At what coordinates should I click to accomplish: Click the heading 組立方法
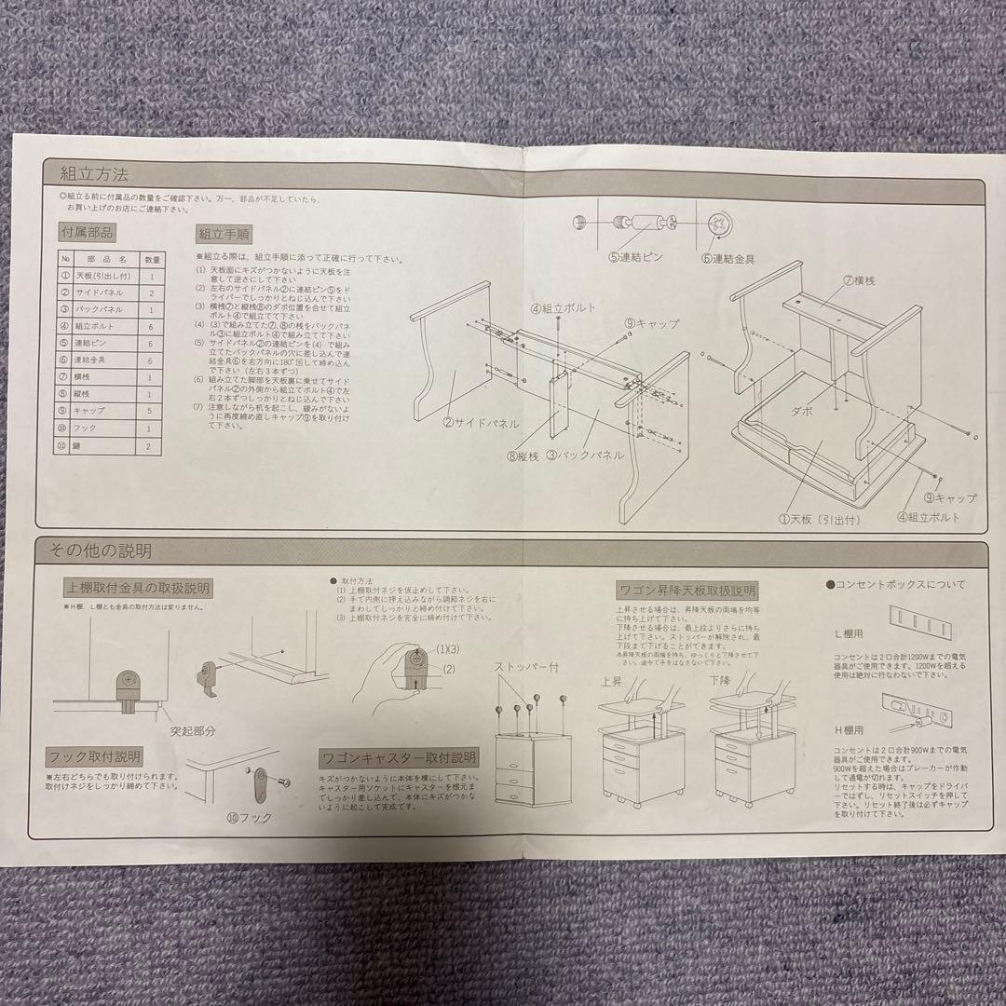tap(94, 173)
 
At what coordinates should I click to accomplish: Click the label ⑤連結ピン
tap(635, 256)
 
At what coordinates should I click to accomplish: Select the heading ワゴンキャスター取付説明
tap(398, 757)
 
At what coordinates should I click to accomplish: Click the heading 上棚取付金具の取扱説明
tap(138, 589)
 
